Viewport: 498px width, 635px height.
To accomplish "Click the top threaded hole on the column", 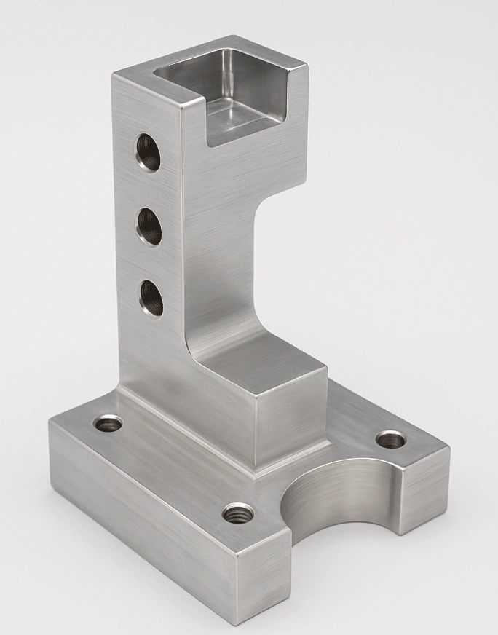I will pyautogui.click(x=149, y=152).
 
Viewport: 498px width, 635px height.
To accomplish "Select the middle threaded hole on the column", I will pyautogui.click(x=150, y=226).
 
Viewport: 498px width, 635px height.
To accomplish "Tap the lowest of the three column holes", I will pyautogui.click(x=151, y=297).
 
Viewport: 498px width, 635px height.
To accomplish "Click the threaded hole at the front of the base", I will pyautogui.click(x=238, y=513).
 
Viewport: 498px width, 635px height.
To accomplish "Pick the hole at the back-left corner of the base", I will pyautogui.click(x=110, y=422).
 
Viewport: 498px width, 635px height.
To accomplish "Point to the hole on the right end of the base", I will pyautogui.click(x=391, y=439).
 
